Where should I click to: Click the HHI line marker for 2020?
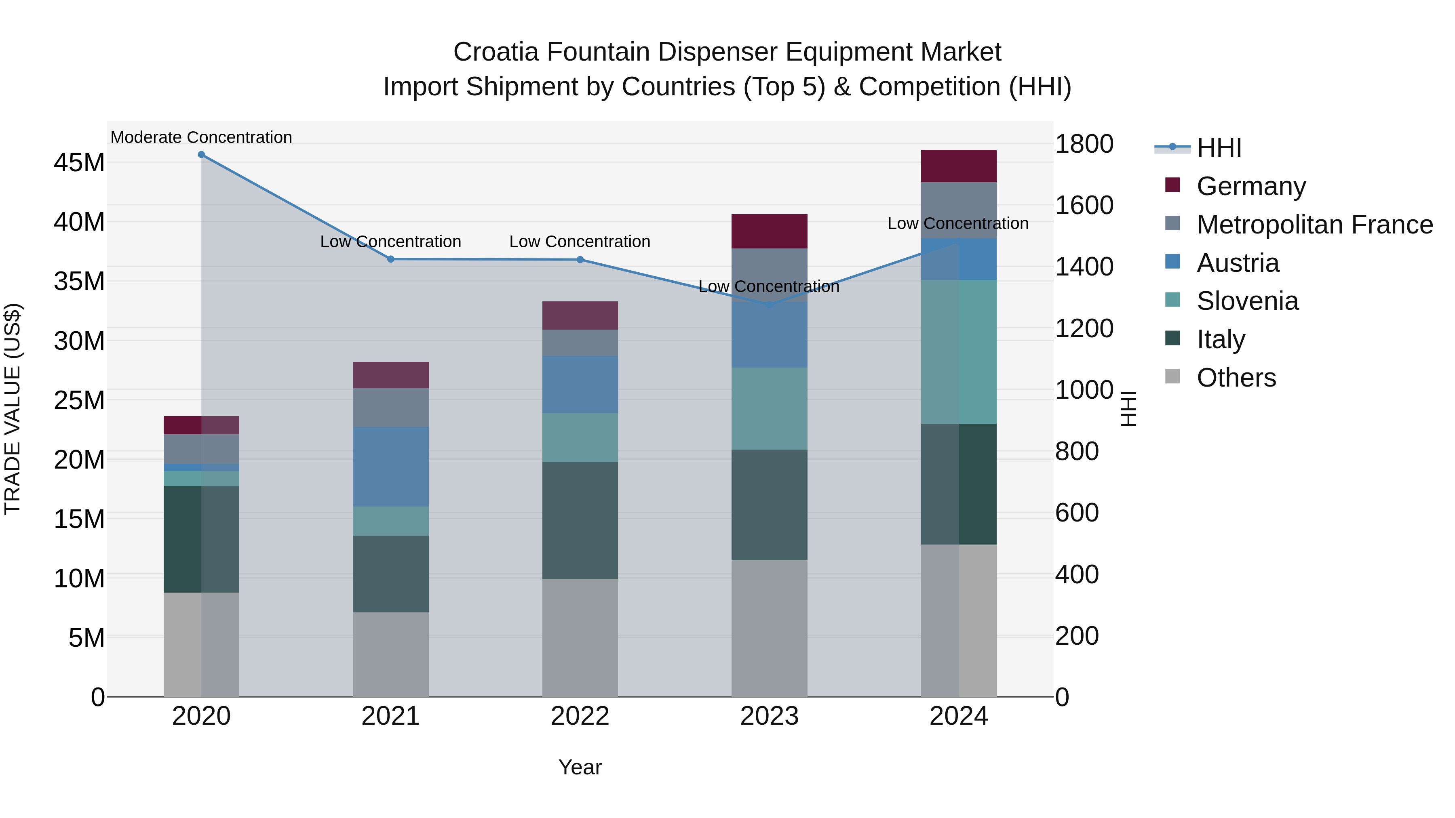coord(201,155)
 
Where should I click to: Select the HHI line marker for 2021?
coord(390,259)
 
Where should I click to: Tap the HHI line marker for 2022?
coord(580,260)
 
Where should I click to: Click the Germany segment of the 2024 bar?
coord(959,166)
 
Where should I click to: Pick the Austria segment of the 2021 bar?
coord(390,467)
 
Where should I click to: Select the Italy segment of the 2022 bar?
coord(580,521)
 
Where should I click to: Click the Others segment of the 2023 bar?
coord(769,628)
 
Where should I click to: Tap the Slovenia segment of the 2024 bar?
coord(959,352)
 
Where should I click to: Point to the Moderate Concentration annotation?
coord(201,137)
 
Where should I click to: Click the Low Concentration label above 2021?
coord(390,242)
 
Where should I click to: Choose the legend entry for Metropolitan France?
coord(1314,225)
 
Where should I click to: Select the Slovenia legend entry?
coord(1247,301)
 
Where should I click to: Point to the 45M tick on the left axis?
coord(79,162)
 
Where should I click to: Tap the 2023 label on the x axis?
coord(769,716)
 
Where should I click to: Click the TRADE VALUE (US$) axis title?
coord(13,409)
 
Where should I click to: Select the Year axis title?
coord(580,767)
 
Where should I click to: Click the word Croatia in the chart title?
coord(496,52)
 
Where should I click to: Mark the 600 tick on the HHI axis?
coord(1077,513)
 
